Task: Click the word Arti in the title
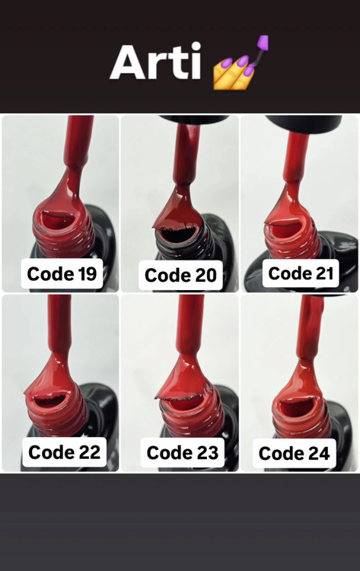155,61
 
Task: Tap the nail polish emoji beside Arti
241,62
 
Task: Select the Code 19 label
62,274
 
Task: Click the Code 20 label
180,276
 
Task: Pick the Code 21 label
301,273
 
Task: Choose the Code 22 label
64,452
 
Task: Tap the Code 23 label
183,453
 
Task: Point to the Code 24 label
294,454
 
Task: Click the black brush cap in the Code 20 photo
193,120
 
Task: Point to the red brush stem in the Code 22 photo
59,324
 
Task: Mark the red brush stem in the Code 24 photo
310,327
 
